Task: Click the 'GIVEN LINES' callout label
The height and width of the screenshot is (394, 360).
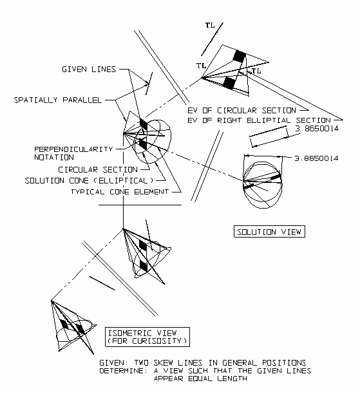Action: point(89,69)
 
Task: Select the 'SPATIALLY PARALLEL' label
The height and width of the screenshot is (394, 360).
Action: point(58,100)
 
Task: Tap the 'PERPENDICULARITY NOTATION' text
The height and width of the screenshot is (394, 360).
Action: point(73,153)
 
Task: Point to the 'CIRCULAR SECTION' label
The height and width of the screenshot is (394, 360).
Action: point(98,169)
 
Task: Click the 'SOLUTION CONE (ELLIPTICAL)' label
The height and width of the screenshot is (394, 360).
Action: point(89,180)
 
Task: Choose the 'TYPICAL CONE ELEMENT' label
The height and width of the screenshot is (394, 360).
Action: point(120,192)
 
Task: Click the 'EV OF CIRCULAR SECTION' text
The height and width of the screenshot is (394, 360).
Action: point(242,110)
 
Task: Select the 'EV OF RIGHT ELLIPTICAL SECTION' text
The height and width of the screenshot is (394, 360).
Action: point(259,120)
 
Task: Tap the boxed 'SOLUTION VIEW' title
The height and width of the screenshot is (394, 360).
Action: point(269,231)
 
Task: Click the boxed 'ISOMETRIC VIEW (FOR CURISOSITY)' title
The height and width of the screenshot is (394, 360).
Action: point(147,337)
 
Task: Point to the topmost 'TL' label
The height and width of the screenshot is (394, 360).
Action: point(210,25)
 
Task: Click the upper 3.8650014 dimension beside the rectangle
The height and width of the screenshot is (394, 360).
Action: point(317,128)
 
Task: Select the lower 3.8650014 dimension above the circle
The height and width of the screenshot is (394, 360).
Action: point(316,158)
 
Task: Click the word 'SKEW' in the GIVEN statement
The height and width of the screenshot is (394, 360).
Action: point(163,363)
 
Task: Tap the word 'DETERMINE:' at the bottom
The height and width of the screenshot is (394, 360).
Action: point(124,371)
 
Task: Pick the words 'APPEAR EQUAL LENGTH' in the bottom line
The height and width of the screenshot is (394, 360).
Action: point(200,379)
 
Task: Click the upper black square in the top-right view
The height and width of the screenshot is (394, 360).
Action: point(239,56)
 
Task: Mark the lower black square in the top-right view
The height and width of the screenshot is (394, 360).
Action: point(229,83)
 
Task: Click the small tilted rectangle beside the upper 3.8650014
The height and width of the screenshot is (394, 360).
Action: point(269,136)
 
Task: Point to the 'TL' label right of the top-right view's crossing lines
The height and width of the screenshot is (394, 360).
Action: point(256,71)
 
